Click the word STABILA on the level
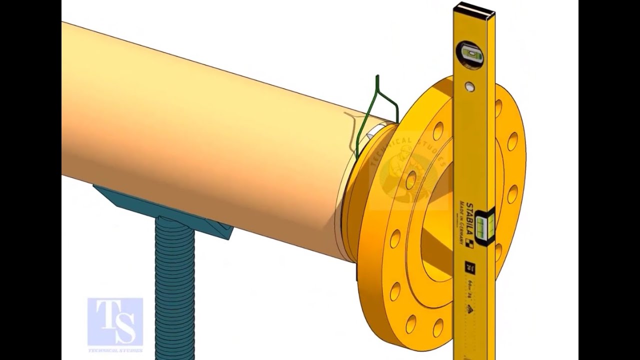pos(469,220)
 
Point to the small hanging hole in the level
pos(469,87)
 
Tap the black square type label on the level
pos(469,267)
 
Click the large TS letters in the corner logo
pos(115,320)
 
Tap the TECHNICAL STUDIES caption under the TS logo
pos(115,349)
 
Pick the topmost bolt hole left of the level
pos(438,131)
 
